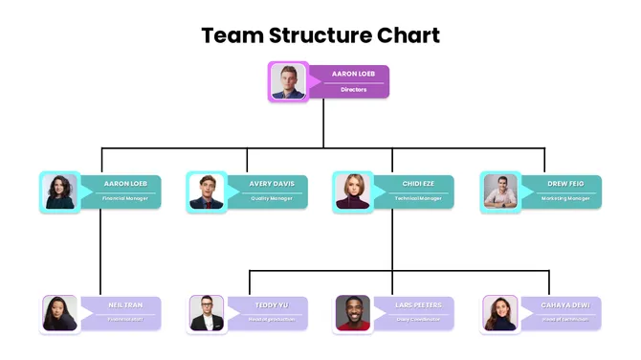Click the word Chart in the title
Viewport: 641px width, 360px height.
coord(408,36)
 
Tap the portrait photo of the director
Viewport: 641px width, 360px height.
coord(288,81)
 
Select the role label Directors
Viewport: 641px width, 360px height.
coord(354,90)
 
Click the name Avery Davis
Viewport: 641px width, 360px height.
coord(273,182)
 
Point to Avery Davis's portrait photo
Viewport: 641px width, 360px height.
coord(206,191)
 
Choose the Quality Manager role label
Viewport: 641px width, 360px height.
coord(273,199)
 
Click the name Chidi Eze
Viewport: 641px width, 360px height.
coord(419,182)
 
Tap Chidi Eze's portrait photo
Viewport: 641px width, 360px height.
coord(352,191)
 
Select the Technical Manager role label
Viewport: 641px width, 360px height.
coord(419,199)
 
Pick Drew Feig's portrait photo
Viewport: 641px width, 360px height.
coord(500,191)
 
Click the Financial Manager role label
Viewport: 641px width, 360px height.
coord(125,199)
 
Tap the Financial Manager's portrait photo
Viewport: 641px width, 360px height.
coord(59,191)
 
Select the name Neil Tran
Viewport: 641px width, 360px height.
coord(125,304)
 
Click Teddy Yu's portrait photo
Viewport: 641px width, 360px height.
coord(206,313)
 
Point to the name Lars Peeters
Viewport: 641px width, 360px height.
coord(418,304)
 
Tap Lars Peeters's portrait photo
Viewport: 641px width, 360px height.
coord(352,313)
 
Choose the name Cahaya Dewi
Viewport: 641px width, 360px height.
coord(565,304)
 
